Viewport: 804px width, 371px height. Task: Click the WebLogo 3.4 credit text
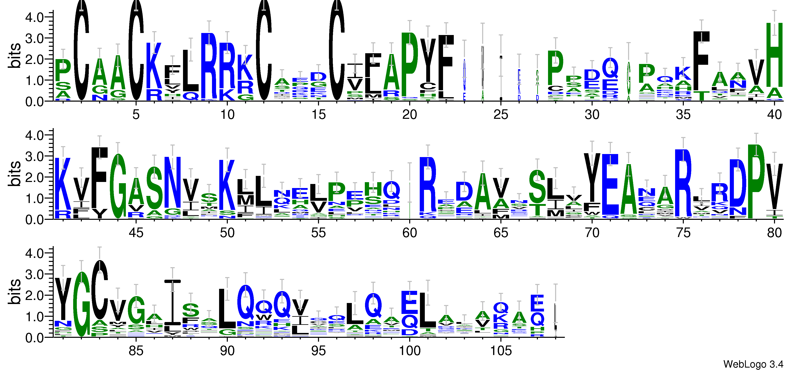753,364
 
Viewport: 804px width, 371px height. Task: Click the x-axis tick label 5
136,115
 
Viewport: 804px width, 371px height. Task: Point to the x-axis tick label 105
501,351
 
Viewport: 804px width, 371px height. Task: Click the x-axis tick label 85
136,351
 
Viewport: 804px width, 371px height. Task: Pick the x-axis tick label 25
501,115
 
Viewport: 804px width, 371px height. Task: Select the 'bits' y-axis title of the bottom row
15,292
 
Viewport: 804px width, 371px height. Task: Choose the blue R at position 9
209,65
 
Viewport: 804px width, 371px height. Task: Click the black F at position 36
701,61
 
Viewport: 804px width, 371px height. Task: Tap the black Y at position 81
63,298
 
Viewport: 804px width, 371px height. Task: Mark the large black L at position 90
227,309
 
